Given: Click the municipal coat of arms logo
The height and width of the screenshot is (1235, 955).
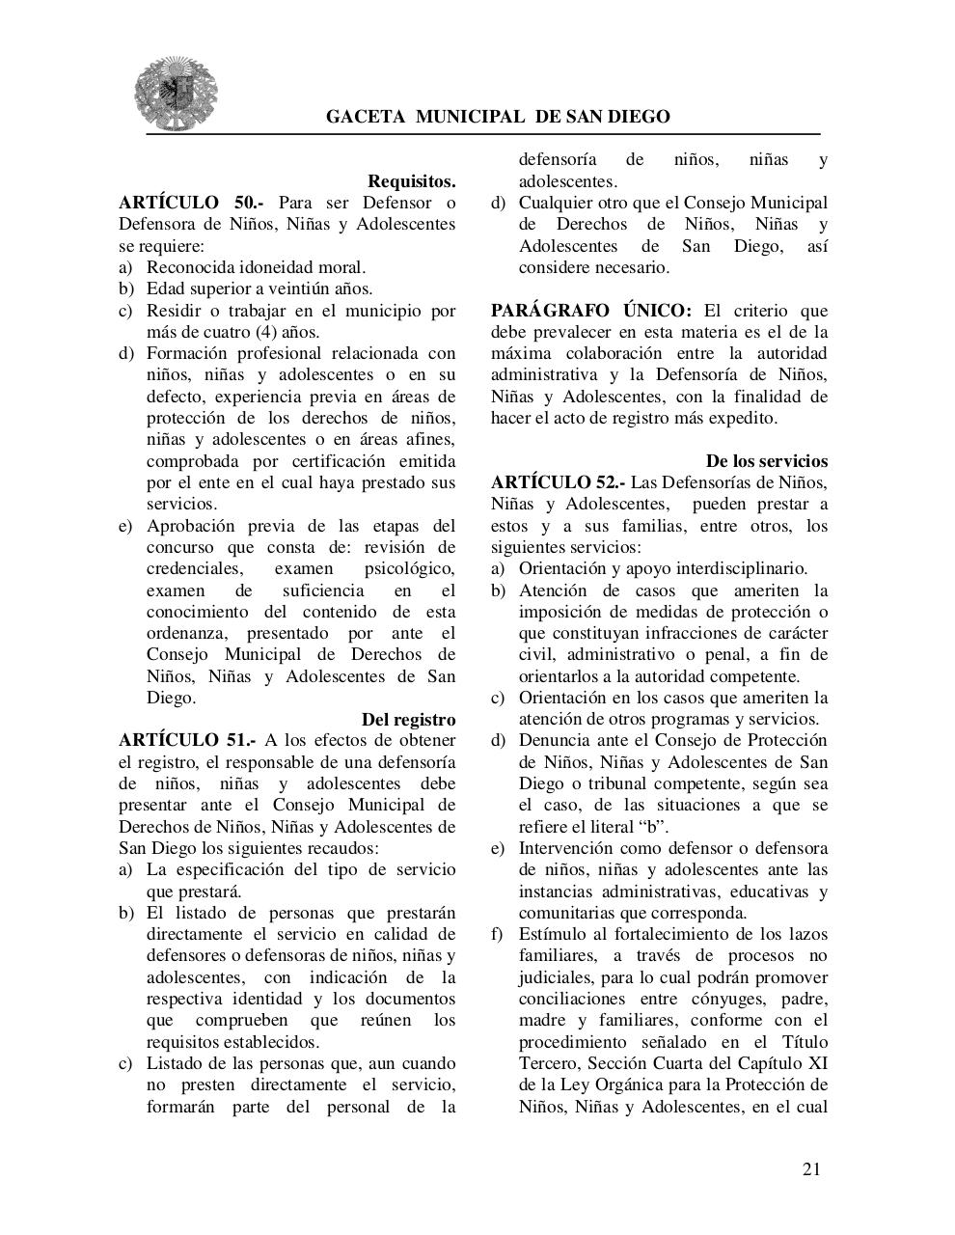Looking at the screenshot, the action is (x=175, y=94).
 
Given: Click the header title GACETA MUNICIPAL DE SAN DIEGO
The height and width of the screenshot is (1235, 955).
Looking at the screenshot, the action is (x=498, y=117).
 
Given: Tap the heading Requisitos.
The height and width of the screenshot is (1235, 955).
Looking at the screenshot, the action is (x=411, y=181).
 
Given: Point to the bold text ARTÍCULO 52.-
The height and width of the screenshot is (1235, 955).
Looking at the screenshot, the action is (x=558, y=482).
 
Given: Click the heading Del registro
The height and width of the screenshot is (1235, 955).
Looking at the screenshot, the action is (x=408, y=719).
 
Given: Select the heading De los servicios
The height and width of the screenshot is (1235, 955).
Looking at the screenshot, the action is (x=766, y=461).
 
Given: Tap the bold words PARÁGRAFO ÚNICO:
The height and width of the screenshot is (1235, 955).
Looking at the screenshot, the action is (x=590, y=311).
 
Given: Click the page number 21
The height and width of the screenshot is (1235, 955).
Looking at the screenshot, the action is (x=810, y=1169).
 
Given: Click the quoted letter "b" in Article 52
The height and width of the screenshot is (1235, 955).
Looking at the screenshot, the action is (x=653, y=826).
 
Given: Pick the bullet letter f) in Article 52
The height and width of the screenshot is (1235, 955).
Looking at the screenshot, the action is (x=497, y=934).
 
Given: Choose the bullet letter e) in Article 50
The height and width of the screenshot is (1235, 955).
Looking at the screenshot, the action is (x=125, y=526).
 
